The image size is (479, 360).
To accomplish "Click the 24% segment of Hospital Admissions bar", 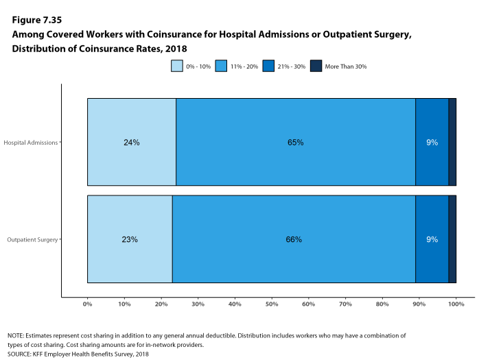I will pos(131,142).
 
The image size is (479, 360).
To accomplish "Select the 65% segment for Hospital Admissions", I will pos(295,142).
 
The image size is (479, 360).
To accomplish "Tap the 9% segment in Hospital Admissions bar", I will pos(432,142).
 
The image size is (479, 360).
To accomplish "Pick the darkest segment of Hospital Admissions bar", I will pos(452,142).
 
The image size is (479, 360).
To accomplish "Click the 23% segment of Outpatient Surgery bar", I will pos(130,239).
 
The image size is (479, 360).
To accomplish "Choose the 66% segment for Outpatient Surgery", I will pos(294,239).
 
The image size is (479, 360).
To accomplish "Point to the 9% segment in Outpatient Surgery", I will pos(432,239).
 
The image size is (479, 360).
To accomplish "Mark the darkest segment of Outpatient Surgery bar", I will pos(452,239).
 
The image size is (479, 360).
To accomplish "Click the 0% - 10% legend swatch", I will pos(178,66).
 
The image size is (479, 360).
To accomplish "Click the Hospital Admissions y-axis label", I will pos(31,143).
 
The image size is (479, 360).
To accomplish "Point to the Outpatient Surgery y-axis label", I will pos(32,240).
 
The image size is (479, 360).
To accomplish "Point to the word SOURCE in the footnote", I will pos(19,355).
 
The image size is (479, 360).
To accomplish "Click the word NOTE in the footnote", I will pos(16,335).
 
